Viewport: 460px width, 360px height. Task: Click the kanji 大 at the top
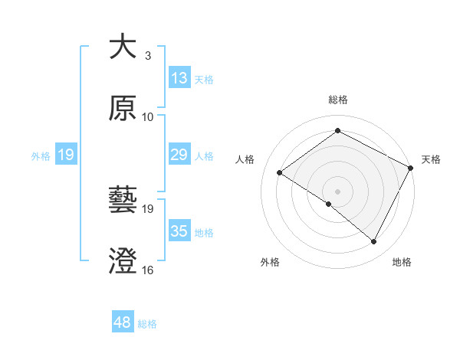pyautogui.click(x=123, y=47)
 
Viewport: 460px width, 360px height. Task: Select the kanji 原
pyautogui.click(x=123, y=109)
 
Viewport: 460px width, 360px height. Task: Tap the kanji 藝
pyautogui.click(x=123, y=201)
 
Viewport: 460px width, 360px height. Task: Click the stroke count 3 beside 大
pyautogui.click(x=148, y=56)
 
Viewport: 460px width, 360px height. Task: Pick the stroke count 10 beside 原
pyautogui.click(x=148, y=117)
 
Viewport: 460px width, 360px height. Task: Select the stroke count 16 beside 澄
pyautogui.click(x=148, y=270)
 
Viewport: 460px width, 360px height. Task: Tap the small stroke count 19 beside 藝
pyautogui.click(x=148, y=209)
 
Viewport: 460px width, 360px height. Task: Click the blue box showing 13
pyautogui.click(x=179, y=78)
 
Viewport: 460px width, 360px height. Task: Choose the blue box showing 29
pyautogui.click(x=179, y=155)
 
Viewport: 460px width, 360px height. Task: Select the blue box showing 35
pyautogui.click(x=179, y=231)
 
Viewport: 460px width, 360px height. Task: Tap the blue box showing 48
pyautogui.click(x=123, y=323)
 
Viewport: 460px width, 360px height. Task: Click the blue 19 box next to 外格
pyautogui.click(x=66, y=155)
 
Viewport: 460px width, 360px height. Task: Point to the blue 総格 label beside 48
pyautogui.click(x=147, y=324)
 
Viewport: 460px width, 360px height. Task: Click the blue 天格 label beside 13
pyautogui.click(x=204, y=79)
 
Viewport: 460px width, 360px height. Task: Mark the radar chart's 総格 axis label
pyautogui.click(x=337, y=100)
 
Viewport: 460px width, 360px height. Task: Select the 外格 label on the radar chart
pyautogui.click(x=270, y=262)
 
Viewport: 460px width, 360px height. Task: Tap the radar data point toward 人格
pyautogui.click(x=280, y=172)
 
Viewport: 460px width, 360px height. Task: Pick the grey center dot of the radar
pyautogui.click(x=337, y=191)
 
